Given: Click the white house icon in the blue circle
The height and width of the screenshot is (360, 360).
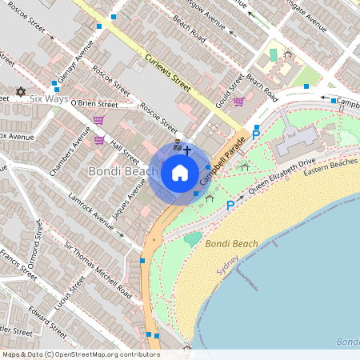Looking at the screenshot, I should tap(180, 172).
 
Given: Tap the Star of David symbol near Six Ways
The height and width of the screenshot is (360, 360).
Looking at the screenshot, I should tap(21, 92).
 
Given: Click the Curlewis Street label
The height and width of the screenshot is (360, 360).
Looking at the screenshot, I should tap(169, 70).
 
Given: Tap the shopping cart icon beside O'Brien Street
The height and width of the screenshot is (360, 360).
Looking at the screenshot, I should tap(98, 120).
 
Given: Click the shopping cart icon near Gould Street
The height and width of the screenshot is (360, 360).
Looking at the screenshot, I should tap(238, 102).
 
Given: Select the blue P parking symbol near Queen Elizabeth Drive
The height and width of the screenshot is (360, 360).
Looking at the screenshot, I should tap(230, 206).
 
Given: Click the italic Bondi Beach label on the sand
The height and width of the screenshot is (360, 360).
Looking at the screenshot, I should tap(231, 243).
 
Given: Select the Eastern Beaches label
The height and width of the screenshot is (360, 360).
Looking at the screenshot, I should tap(331, 163).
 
